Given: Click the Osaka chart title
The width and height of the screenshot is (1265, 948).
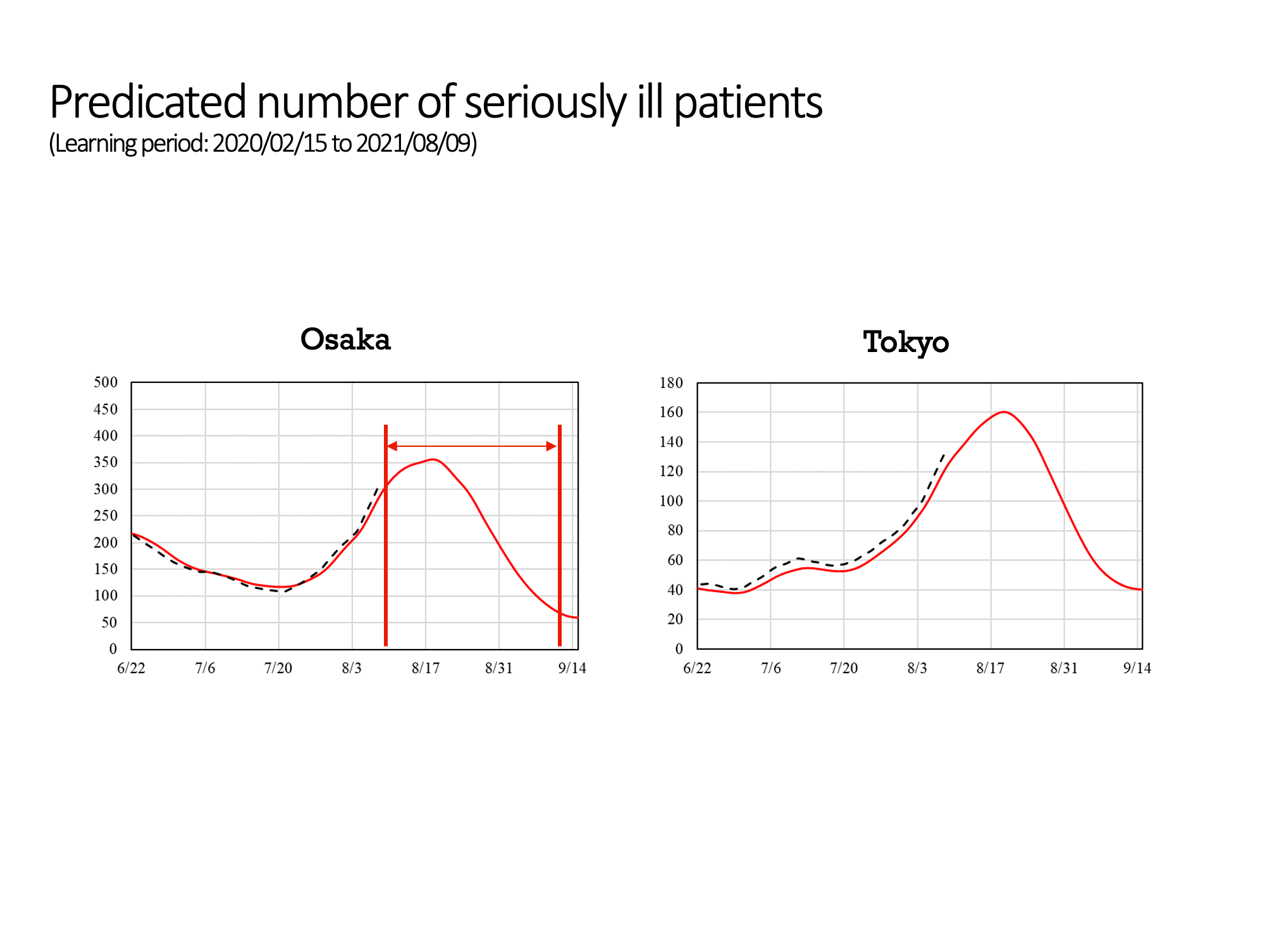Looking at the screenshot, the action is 345,339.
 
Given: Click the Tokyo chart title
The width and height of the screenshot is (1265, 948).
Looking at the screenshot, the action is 906,342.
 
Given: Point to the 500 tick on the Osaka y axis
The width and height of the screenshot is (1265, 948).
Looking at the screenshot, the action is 106,382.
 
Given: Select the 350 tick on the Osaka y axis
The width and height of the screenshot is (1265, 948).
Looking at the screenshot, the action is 106,462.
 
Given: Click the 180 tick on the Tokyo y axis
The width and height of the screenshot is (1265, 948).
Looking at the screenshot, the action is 671,382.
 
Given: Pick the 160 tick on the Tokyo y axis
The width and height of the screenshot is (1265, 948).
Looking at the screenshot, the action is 671,412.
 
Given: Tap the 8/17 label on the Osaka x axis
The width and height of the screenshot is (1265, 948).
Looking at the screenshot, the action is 426,668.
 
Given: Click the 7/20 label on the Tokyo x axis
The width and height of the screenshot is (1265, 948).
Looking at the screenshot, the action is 844,668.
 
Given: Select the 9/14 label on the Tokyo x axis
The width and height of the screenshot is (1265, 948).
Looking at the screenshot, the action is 1137,668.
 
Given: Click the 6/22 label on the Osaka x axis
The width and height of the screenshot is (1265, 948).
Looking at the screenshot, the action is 132,668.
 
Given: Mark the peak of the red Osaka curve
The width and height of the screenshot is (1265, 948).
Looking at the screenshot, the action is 433,459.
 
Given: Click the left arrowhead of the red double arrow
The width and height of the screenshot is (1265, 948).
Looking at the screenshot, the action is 392,446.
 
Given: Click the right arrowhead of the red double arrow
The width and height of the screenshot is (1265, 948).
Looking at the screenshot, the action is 551,446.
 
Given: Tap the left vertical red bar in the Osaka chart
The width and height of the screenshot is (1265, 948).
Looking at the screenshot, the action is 386,535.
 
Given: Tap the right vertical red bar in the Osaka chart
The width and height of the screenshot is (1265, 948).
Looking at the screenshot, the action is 560,535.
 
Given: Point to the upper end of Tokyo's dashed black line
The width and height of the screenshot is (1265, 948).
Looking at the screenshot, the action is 944,454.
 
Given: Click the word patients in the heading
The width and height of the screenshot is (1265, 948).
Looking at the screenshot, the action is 748,103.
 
